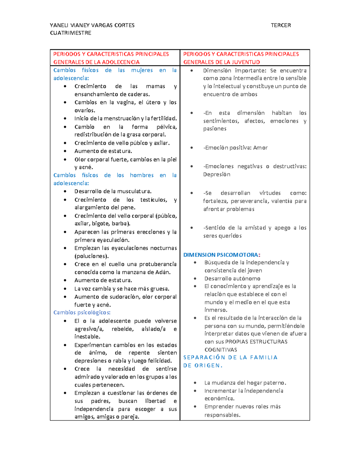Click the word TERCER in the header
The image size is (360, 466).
(280, 25)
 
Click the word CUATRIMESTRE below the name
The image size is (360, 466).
(70, 33)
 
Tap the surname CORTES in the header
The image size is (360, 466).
(124, 25)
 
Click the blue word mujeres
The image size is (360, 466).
(142, 70)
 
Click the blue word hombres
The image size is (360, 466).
(142, 175)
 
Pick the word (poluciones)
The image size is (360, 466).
(91, 256)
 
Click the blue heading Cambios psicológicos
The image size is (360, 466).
(82, 313)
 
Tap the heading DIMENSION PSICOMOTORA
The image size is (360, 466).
(221, 255)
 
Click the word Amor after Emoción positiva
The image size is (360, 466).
(260, 148)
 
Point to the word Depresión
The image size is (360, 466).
(217, 174)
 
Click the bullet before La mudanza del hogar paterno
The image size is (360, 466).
(195, 383)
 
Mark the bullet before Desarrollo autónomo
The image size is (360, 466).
(195, 278)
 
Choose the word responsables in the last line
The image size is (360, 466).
(222, 415)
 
